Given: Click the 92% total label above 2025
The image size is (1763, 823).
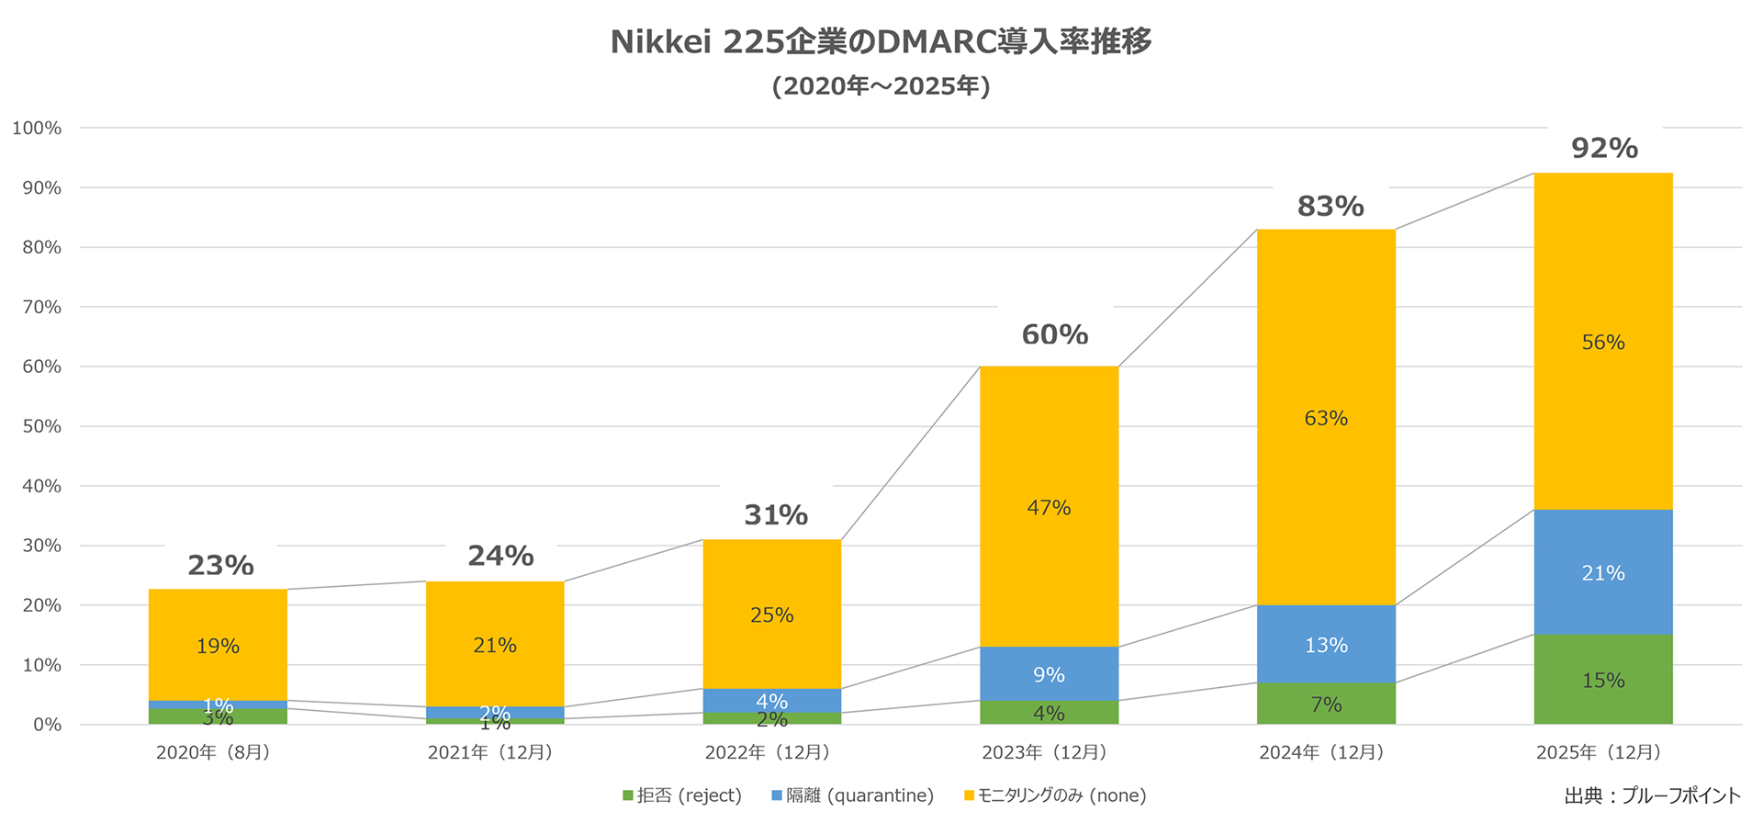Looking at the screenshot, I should tap(1604, 148).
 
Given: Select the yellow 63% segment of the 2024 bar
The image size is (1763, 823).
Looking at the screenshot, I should tap(1326, 418).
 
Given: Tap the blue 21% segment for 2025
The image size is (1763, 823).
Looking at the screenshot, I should tap(1603, 572).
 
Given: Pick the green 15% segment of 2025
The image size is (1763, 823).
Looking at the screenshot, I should tap(1603, 680).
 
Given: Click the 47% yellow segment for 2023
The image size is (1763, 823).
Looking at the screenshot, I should tap(1049, 507).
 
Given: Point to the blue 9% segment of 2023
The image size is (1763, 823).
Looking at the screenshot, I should tap(1049, 674).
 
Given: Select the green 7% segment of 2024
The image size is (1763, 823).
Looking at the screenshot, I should tap(1326, 704).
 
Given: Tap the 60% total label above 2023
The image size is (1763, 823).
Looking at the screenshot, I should tap(1054, 334).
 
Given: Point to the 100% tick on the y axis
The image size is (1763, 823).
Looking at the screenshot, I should tap(37, 128).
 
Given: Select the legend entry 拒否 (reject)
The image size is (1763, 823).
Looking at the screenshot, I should tap(682, 795).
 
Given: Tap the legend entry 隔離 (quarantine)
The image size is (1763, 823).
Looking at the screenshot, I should tap(853, 795).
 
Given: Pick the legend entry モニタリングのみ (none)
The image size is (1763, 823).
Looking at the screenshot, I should tap(1056, 795).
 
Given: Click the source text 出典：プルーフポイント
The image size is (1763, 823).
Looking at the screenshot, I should tap(1652, 795).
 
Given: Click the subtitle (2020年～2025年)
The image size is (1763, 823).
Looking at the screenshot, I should tap(881, 86).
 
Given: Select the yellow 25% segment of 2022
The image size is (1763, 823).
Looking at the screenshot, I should tap(771, 614).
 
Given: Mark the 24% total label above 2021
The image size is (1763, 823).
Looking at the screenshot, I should tap(500, 556).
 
